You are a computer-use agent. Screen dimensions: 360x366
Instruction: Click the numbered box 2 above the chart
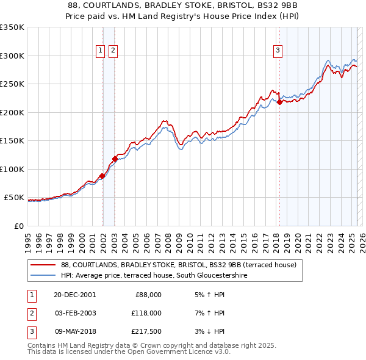pyautogui.click(x=113, y=51)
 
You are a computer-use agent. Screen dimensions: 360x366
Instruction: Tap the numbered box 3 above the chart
pyautogui.click(x=278, y=51)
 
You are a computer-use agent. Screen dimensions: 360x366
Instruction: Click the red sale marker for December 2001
pyautogui.click(x=102, y=176)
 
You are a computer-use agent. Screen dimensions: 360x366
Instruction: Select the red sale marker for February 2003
pyautogui.click(x=115, y=159)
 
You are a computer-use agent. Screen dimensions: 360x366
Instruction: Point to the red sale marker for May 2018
pyautogui.click(x=279, y=103)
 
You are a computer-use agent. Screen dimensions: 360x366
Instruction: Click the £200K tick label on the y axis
pyautogui.click(x=12, y=112)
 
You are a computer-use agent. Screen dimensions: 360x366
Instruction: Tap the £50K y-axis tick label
pyautogui.click(x=14, y=198)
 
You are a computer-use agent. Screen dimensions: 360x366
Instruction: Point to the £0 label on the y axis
pyautogui.click(x=18, y=226)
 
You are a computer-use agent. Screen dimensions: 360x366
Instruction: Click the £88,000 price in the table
pyautogui.click(x=148, y=295)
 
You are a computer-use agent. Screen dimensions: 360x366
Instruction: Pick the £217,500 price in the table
pyautogui.click(x=146, y=331)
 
